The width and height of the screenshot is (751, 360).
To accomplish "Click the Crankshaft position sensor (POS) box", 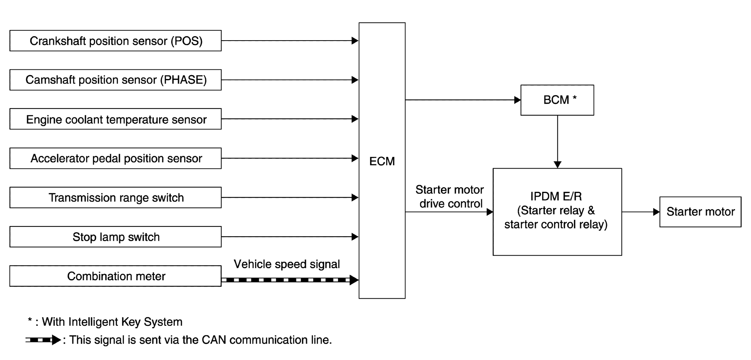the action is [x=115, y=41].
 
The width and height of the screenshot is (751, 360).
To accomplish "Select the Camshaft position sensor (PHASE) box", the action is [x=115, y=80].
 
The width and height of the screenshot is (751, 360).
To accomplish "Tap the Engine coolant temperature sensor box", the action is [x=115, y=119].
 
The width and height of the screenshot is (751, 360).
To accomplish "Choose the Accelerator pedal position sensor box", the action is [x=115, y=158].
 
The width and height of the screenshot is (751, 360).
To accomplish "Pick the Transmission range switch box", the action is [x=115, y=197].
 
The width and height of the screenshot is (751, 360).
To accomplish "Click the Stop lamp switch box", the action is [x=115, y=237].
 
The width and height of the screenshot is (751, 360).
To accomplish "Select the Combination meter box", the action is [x=115, y=276].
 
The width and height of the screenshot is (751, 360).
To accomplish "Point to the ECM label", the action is [x=382, y=161].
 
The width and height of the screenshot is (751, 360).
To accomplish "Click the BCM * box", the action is [x=557, y=100].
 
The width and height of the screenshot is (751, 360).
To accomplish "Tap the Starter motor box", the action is [x=700, y=212].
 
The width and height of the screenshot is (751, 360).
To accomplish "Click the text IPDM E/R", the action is [x=556, y=196].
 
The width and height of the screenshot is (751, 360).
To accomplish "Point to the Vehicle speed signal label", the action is [x=287, y=264].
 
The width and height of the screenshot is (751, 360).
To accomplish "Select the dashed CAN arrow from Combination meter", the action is [x=290, y=280].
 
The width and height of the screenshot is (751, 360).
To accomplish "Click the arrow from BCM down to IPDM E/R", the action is [x=557, y=142].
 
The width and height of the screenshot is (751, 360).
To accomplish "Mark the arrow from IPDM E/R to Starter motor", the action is [x=641, y=212].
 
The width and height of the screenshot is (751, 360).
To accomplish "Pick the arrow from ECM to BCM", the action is [x=463, y=100].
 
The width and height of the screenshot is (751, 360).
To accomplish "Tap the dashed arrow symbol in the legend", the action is [x=43, y=340].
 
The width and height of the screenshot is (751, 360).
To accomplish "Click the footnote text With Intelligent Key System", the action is [x=112, y=322].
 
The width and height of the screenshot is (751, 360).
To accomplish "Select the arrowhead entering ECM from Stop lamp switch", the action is [x=355, y=237].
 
